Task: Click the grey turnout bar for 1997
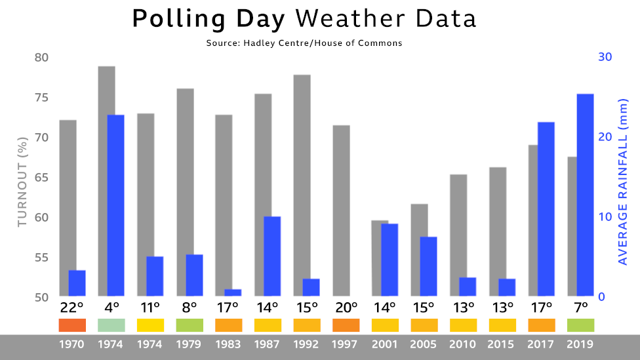coord(341,210)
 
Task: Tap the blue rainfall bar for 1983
coord(233,292)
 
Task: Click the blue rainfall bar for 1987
coord(272,256)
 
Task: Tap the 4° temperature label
coord(111,308)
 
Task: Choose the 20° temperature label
coord(346,308)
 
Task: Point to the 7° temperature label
coord(580,308)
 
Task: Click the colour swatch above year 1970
coord(72,325)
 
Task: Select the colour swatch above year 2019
coord(580,325)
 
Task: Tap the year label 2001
coord(385,344)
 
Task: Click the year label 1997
coord(346,344)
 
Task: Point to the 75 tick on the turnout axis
coord(41,98)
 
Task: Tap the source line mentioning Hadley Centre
coord(304,43)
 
